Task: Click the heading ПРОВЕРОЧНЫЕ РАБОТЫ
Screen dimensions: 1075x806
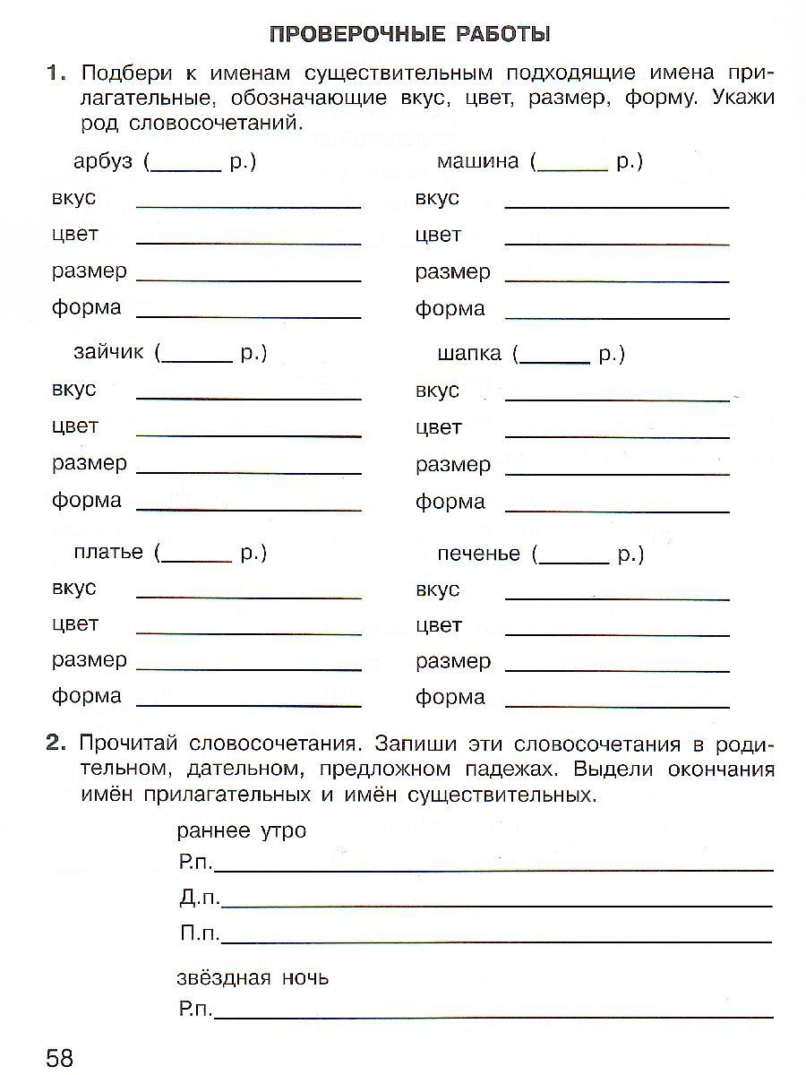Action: click(409, 35)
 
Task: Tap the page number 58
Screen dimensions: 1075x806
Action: click(59, 1057)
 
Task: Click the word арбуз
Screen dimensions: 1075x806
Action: click(103, 162)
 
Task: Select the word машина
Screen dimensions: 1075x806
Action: click(477, 162)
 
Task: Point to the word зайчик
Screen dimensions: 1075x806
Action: click(108, 353)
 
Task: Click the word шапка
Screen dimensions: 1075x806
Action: click(469, 354)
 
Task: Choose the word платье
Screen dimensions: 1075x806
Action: click(108, 552)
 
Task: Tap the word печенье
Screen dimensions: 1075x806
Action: click(478, 554)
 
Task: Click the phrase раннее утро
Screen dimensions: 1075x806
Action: click(242, 830)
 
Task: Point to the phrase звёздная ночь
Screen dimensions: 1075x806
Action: click(253, 977)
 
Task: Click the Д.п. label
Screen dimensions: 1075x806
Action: click(199, 899)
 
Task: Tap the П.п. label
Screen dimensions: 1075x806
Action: click(199, 933)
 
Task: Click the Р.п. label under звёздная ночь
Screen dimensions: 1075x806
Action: click(196, 1010)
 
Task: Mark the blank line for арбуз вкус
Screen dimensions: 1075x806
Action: click(248, 205)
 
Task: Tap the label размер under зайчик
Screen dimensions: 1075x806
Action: click(90, 463)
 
